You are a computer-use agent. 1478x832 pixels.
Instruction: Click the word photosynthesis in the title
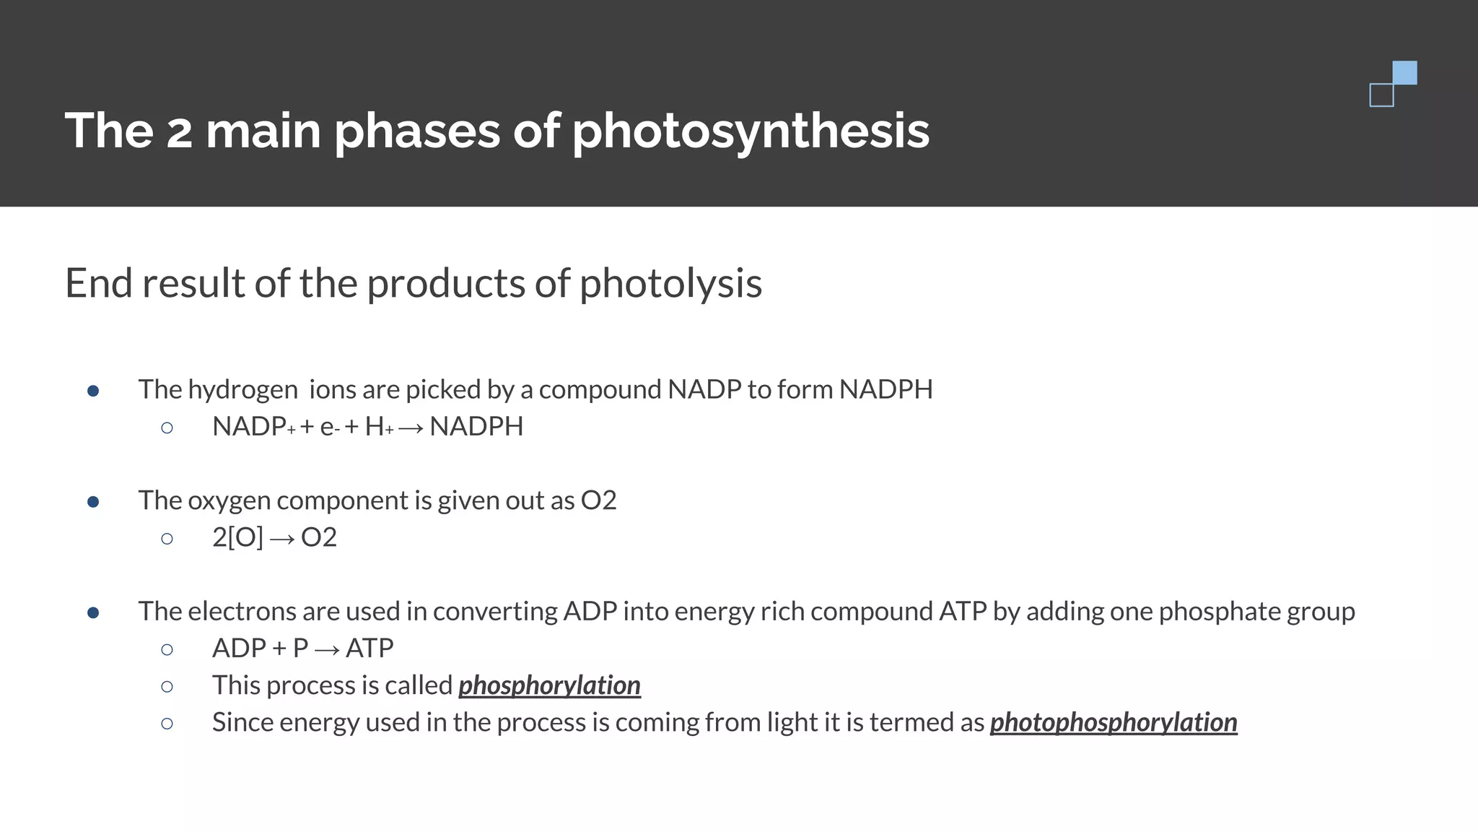click(x=751, y=131)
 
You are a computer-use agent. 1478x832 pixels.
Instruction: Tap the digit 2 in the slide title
click(x=180, y=131)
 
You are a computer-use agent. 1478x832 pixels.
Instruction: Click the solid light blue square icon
click(x=1404, y=73)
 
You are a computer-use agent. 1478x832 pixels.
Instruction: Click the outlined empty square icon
click(x=1381, y=95)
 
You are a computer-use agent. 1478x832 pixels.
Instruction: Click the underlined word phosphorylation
click(x=549, y=685)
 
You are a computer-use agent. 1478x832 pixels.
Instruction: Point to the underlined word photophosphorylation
click(x=1113, y=722)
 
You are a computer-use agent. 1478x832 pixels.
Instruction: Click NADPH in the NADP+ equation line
click(x=476, y=427)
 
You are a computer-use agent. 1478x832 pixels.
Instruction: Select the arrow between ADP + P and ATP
click(x=327, y=649)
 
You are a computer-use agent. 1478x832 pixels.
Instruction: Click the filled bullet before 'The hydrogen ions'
click(x=93, y=391)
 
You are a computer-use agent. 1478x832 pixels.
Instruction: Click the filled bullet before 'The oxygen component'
click(x=93, y=501)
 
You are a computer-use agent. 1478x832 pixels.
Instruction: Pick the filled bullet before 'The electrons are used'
click(x=93, y=612)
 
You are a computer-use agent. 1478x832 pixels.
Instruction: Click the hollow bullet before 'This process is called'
click(x=167, y=686)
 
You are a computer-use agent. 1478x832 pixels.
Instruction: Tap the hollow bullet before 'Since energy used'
click(x=167, y=723)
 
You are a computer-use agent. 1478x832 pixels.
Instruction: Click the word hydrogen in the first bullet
click(x=242, y=390)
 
